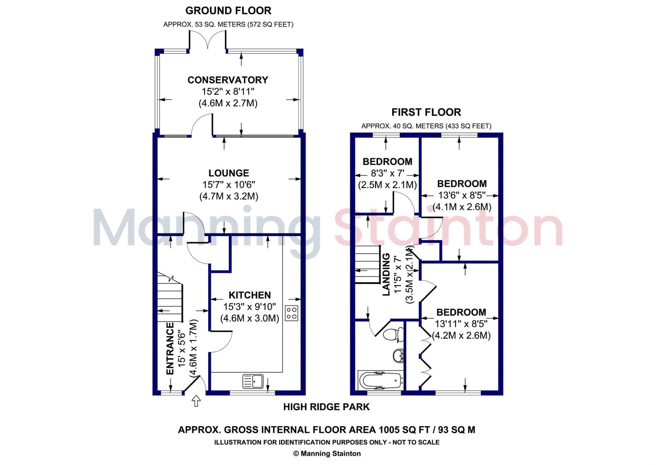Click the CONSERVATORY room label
(228, 80)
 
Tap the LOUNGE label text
(229, 173)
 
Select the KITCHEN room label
(250, 295)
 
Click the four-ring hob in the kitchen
(291, 313)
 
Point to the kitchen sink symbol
(253, 381)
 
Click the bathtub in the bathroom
(381, 381)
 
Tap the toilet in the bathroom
(393, 335)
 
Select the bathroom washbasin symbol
(398, 356)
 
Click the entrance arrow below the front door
(196, 401)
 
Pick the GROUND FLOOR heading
(228, 11)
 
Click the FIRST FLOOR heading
(426, 112)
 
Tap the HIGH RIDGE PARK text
(326, 407)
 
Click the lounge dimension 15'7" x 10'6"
(229, 185)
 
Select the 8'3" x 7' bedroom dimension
(388, 173)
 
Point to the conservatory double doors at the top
(208, 40)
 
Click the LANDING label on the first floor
(386, 274)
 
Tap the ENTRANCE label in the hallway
(170, 348)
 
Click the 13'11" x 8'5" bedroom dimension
(461, 324)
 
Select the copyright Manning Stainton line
(327, 453)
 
